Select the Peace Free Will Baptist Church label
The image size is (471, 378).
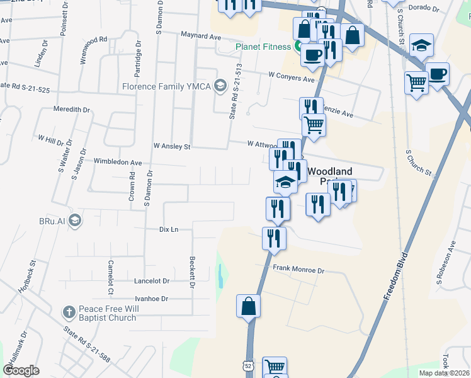(x=107, y=313)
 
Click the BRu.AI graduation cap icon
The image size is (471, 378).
(x=75, y=220)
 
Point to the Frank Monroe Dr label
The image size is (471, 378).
(x=298, y=270)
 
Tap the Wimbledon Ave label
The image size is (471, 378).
(x=117, y=162)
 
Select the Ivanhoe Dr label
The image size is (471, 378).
(x=151, y=299)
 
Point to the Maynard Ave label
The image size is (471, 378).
(x=201, y=36)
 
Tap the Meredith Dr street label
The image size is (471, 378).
(x=71, y=110)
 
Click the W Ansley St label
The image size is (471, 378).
(x=171, y=146)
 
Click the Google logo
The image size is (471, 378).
(x=21, y=370)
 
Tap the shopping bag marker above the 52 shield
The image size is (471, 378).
(x=249, y=307)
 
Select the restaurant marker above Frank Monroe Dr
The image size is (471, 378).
(x=274, y=239)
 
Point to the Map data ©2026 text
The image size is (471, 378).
(x=443, y=373)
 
